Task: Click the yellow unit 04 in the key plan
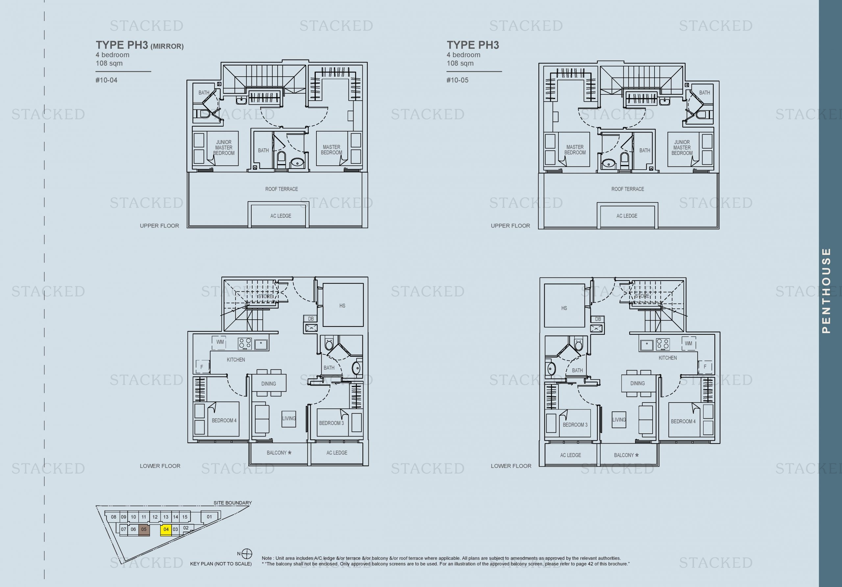(166, 529)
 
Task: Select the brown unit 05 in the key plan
(144, 529)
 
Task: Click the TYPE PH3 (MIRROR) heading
(139, 45)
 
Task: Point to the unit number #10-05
(457, 80)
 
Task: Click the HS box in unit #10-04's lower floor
(342, 306)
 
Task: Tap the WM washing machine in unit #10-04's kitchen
(220, 342)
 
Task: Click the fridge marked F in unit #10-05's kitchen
(705, 367)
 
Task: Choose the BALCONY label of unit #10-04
(279, 453)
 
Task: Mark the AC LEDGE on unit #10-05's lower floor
(570, 455)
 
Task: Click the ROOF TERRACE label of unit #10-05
(628, 189)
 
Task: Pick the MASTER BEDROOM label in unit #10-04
(332, 150)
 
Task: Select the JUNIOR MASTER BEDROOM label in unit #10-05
(682, 147)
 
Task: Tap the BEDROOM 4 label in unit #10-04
(224, 421)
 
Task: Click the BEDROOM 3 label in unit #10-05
(575, 425)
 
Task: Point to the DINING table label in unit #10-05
(637, 383)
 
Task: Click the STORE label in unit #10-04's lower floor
(265, 296)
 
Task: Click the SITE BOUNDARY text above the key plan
(233, 503)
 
